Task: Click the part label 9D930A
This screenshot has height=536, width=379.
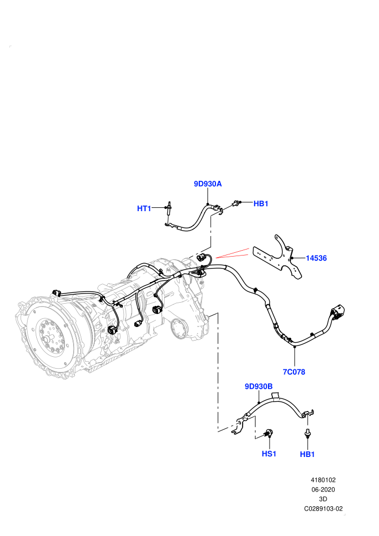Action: pyautogui.click(x=208, y=184)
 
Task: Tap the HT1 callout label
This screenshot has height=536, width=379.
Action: pyautogui.click(x=144, y=208)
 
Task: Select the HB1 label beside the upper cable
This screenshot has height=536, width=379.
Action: pyautogui.click(x=261, y=204)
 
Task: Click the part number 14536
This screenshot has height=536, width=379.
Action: pyautogui.click(x=316, y=258)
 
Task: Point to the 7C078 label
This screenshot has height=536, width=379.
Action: pyautogui.click(x=294, y=371)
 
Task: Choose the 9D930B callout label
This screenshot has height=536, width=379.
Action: pyautogui.click(x=259, y=386)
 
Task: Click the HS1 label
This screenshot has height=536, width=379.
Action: pyautogui.click(x=269, y=454)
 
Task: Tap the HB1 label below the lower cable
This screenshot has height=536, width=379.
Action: pyautogui.click(x=307, y=454)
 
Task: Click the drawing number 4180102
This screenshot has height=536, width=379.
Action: pyautogui.click(x=323, y=480)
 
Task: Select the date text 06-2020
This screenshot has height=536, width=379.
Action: pyautogui.click(x=323, y=489)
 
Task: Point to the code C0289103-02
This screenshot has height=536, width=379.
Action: pyautogui.click(x=323, y=508)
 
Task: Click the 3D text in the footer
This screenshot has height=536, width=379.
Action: pyautogui.click(x=323, y=499)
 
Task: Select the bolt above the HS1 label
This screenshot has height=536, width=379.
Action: pyautogui.click(x=269, y=434)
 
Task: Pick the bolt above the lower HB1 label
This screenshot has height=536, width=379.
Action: pyautogui.click(x=308, y=433)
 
